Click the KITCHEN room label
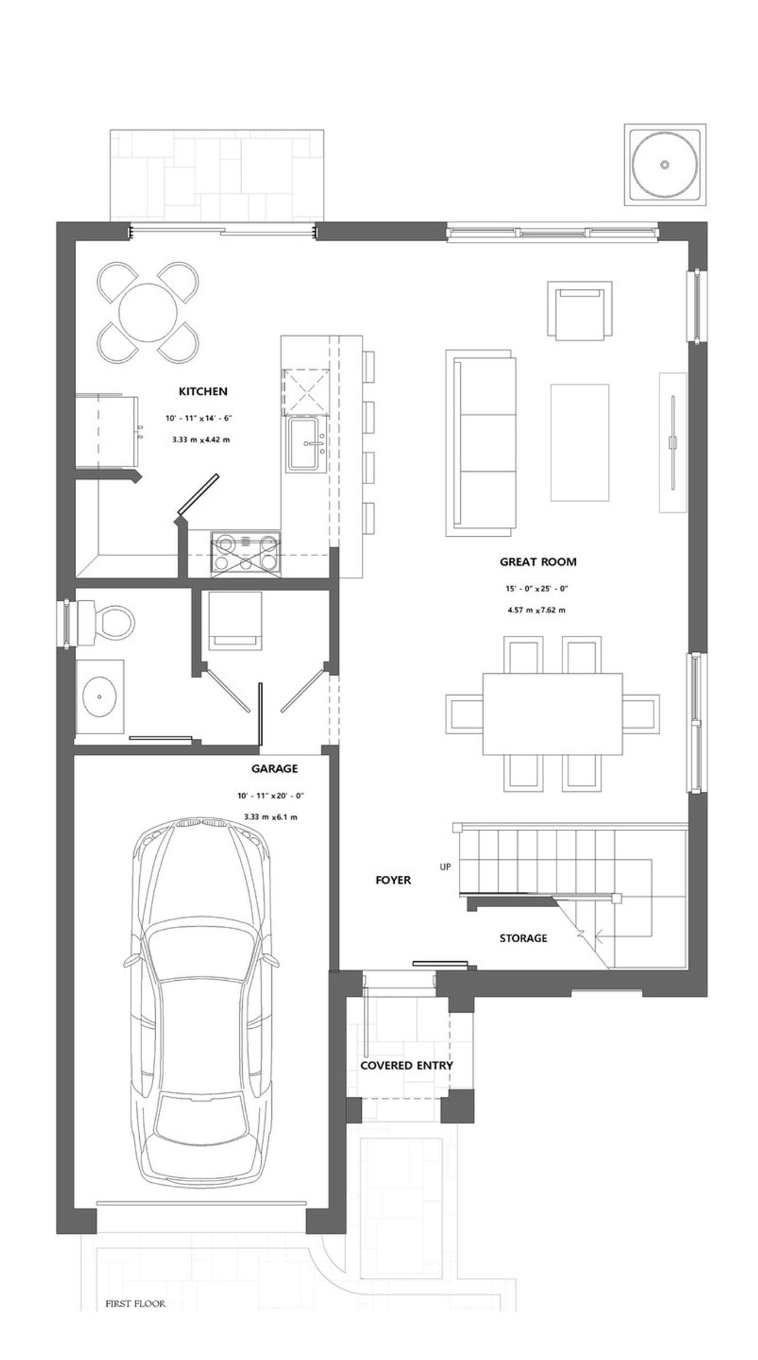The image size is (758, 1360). point(203,392)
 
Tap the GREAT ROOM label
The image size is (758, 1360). point(538,562)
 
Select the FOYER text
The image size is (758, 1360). point(393,880)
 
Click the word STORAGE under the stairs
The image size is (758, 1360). point(523,938)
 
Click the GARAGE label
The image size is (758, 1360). point(274,769)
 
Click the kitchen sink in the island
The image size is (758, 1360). point(307,444)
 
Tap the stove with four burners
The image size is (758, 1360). point(246,553)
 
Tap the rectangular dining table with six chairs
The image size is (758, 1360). point(553,714)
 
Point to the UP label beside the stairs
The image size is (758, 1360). point(445,867)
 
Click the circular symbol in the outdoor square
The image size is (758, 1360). point(665,164)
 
